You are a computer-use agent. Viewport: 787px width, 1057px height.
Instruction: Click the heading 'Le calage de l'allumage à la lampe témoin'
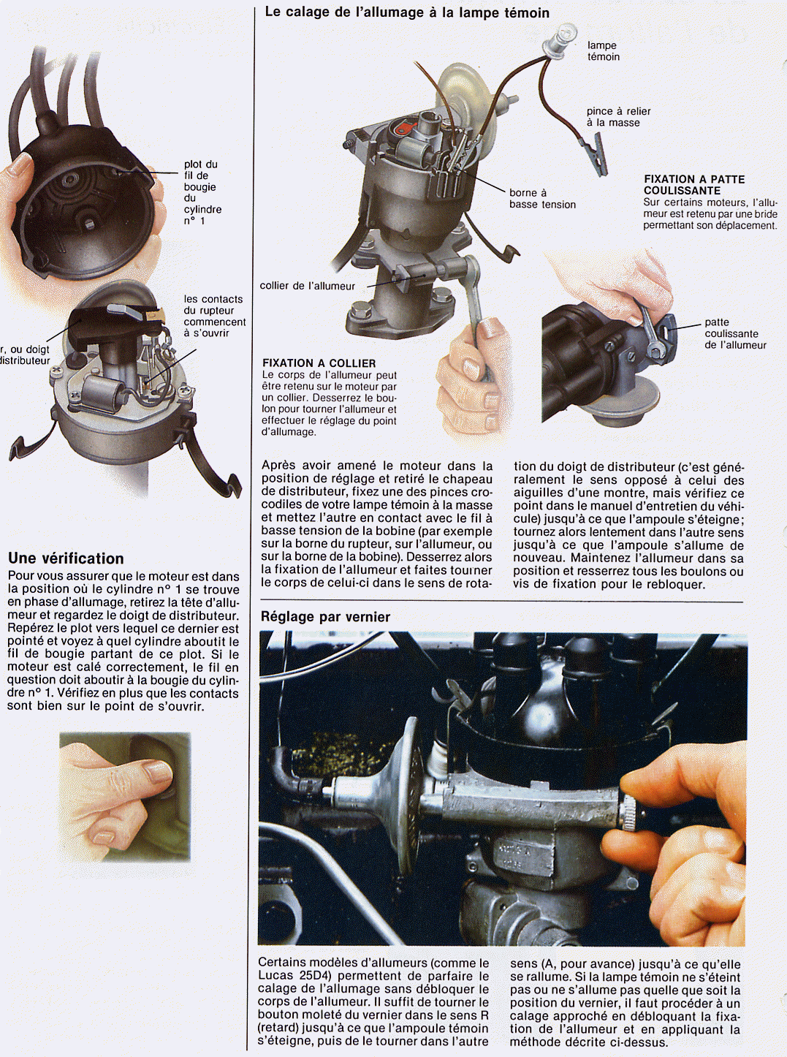407,12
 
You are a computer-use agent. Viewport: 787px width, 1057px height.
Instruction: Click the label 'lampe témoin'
603,51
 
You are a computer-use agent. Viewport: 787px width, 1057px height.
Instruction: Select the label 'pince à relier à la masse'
617,117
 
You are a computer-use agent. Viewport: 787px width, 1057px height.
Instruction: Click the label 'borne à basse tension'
541,199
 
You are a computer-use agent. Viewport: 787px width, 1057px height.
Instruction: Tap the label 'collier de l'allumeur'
307,286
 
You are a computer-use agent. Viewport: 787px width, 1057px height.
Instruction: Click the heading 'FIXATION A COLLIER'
319,363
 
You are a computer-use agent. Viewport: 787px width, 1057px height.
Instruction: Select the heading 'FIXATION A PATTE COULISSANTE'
693,184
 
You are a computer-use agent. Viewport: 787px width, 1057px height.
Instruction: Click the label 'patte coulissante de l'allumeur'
734,333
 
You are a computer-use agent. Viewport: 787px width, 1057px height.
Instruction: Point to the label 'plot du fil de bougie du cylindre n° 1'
202,192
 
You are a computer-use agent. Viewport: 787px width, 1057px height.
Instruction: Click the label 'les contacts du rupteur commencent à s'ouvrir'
213,316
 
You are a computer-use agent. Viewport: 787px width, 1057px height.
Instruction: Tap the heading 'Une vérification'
66,558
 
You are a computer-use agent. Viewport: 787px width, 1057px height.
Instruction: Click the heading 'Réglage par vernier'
325,617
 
